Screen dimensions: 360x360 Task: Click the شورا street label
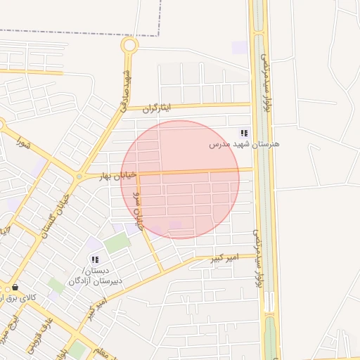24,146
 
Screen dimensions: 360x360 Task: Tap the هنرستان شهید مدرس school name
244,144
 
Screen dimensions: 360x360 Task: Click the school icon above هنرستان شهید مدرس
244,133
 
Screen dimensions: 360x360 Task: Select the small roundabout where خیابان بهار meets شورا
79,176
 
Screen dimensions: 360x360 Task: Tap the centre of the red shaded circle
180,179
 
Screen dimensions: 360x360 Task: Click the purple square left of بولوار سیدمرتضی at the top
240,47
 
